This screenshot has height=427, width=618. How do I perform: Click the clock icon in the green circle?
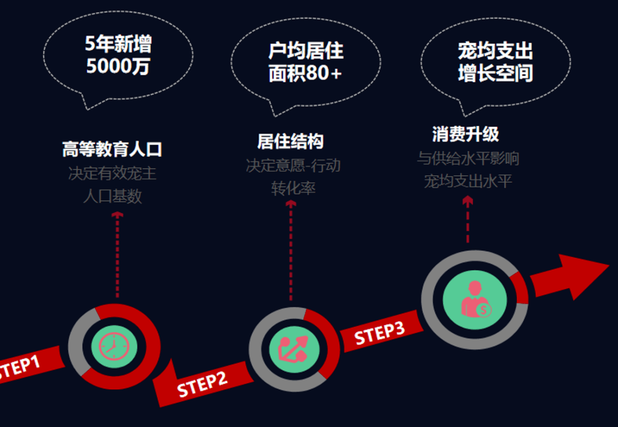click(114, 346)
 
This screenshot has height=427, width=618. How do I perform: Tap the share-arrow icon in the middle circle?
click(294, 349)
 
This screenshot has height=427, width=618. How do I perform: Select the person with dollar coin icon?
click(474, 299)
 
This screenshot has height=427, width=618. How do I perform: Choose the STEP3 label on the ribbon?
click(379, 333)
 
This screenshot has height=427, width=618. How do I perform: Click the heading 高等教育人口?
click(112, 149)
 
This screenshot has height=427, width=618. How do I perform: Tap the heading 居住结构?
click(290, 141)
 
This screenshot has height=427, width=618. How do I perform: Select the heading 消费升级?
click(465, 135)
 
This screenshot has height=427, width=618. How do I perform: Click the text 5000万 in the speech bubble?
click(118, 66)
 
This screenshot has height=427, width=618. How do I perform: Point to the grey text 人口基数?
click(112, 196)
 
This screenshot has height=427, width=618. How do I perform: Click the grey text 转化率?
click(293, 188)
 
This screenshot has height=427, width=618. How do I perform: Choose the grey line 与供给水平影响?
click(468, 158)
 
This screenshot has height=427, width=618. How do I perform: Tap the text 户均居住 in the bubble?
click(306, 51)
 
